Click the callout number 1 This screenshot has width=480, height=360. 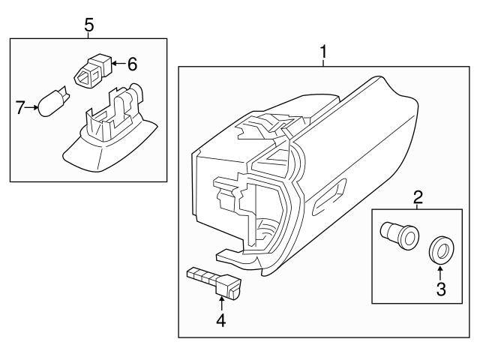coord(323,52)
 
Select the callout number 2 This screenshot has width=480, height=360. coord(418,198)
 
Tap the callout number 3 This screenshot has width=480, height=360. coord(440,289)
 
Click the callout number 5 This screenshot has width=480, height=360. coord(88,25)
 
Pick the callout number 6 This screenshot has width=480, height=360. coord(132,64)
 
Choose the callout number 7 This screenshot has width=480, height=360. coord(22,108)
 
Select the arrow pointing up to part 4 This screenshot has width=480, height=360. coord(222,302)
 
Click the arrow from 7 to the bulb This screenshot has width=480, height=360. coord(34,108)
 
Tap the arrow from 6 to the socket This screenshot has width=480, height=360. coord(117,64)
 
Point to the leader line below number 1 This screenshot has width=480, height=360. coord(323,63)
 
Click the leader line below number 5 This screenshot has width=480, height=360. coord(88,35)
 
